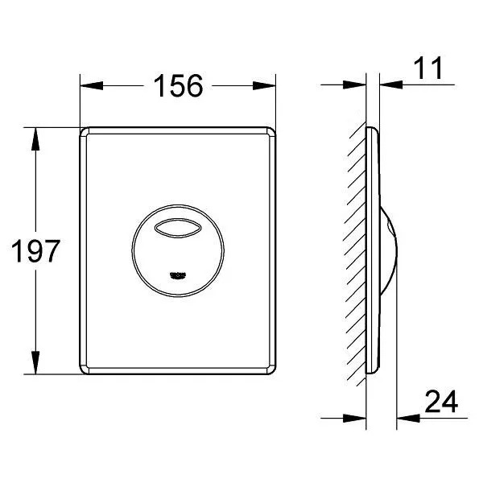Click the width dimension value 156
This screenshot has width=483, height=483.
(179, 85)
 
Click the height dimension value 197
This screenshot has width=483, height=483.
(35, 251)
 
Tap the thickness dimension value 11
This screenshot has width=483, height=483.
(428, 68)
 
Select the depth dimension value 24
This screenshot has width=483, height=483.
(441, 402)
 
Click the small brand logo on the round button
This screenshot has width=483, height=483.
(179, 275)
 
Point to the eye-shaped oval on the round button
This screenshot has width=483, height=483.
(178, 228)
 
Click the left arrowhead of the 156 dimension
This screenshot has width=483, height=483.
(92, 85)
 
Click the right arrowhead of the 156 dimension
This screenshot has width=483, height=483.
(264, 85)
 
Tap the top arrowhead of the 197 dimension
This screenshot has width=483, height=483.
(35, 139)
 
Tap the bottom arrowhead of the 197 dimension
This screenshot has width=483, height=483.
(35, 362)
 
